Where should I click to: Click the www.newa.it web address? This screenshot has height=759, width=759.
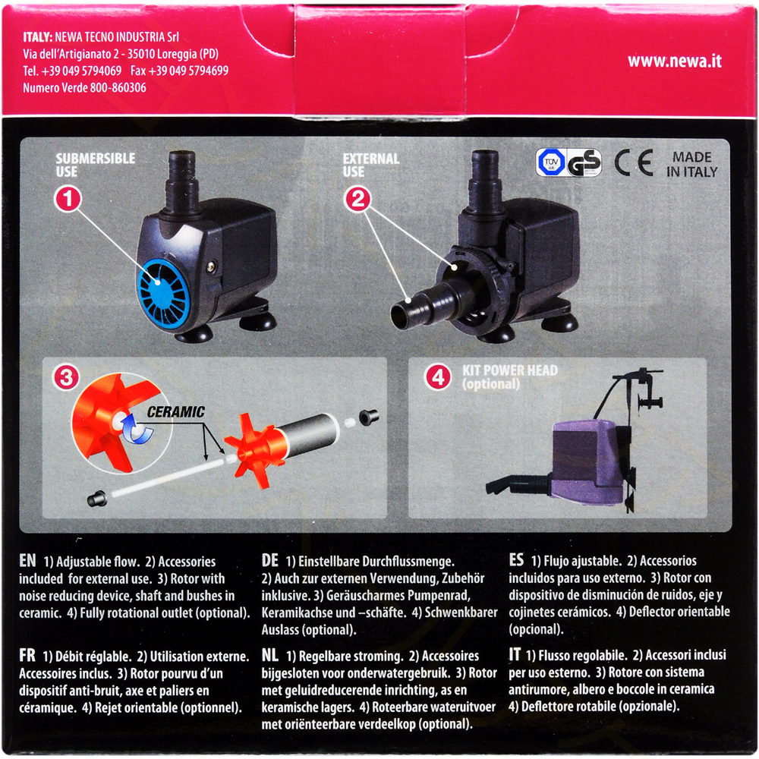(674, 61)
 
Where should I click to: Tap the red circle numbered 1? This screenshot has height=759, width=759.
(68, 199)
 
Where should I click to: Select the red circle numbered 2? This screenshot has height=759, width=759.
(357, 199)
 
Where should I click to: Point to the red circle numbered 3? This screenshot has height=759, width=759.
(66, 377)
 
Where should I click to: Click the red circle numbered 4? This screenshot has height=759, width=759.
(438, 376)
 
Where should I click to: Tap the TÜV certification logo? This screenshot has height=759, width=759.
(550, 162)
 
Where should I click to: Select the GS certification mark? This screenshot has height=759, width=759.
(584, 162)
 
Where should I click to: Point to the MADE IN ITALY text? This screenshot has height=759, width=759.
(691, 165)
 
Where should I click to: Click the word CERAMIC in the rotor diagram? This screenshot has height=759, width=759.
(176, 412)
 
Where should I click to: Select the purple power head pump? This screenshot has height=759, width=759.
(588, 460)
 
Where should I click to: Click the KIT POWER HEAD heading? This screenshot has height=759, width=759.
(510, 370)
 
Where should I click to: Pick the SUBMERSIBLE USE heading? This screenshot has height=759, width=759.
(96, 165)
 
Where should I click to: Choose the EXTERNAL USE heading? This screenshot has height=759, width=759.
(371, 165)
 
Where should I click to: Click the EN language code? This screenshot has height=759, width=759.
(27, 561)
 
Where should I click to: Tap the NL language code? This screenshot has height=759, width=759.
(270, 656)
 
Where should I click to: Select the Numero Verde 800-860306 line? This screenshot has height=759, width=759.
(84, 88)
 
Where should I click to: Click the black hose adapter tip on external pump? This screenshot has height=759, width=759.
(401, 315)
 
